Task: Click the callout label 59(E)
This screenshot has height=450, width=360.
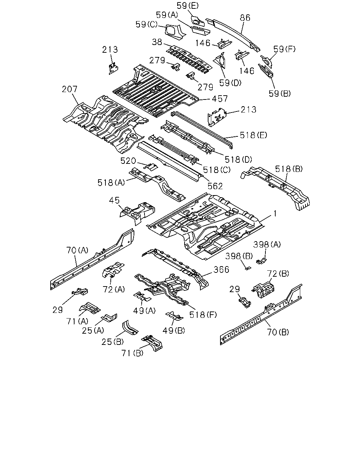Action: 187,6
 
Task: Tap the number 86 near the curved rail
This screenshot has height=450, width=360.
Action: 245,18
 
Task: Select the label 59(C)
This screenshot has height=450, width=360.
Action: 147,25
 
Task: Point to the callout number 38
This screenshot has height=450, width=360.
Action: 157,42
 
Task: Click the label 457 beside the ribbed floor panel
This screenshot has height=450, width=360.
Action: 220,99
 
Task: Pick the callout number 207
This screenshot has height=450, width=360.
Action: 70,89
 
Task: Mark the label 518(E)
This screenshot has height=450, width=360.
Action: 253,135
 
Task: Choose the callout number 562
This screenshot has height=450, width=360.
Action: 215,186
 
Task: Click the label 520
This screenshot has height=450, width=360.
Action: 128,161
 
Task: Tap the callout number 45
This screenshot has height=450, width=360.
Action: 114,200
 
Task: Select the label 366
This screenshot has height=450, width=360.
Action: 221,270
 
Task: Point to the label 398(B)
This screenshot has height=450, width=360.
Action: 239,256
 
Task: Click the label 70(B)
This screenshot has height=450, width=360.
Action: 278,332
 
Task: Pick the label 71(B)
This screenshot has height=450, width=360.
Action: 132,353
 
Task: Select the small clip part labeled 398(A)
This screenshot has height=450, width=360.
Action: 262,261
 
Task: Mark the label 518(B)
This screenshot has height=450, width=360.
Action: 289,169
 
